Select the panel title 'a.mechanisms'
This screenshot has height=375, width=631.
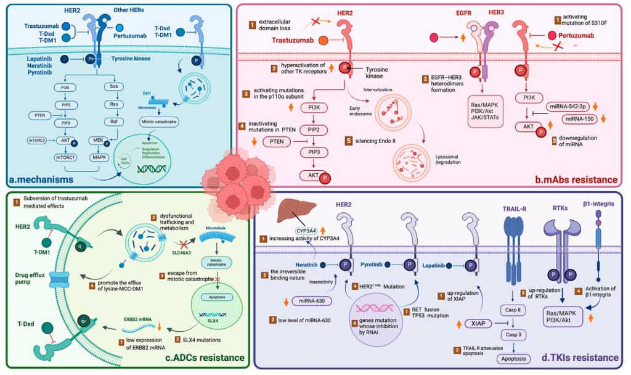[42, 179]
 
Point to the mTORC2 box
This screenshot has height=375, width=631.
[36, 141]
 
